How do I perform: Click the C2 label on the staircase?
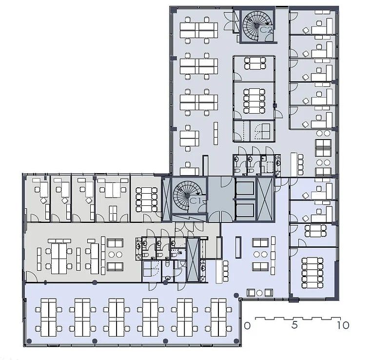(266, 30)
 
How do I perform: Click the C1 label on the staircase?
(196, 201)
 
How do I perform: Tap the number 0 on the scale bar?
(247, 326)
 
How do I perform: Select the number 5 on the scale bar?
(294, 325)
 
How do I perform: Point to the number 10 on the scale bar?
(343, 325)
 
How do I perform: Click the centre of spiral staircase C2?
(257, 25)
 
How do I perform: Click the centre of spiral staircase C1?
(187, 195)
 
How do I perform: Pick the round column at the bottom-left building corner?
(29, 341)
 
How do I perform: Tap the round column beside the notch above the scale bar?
(236, 295)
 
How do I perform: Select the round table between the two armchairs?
(259, 293)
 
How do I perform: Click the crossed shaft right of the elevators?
(266, 199)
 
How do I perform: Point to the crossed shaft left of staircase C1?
(166, 199)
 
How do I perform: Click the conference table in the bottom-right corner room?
(312, 273)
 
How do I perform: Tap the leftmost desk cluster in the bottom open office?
(49, 318)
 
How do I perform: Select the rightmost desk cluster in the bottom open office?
(218, 318)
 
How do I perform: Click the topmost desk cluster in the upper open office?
(198, 30)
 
